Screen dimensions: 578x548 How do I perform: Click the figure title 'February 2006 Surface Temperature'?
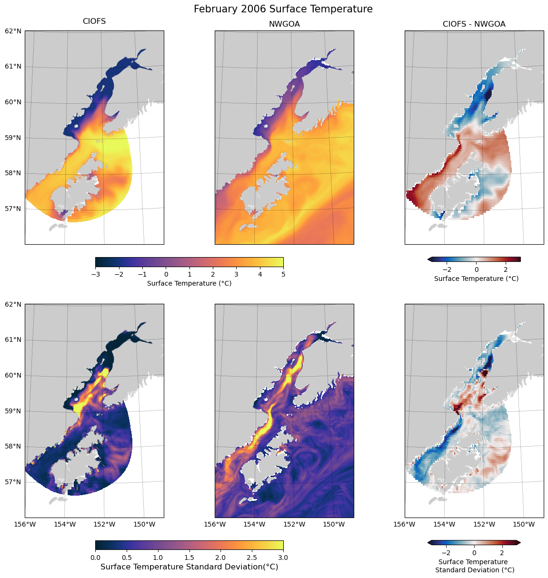click(283, 9)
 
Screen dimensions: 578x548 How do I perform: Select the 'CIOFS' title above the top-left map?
click(94, 21)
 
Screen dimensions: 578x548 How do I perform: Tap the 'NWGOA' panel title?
click(284, 24)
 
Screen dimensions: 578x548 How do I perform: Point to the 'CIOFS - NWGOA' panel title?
click(474, 24)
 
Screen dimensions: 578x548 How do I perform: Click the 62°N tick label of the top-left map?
click(13, 31)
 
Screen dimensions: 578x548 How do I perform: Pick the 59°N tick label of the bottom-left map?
click(13, 411)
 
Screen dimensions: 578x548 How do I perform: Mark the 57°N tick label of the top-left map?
click(13, 209)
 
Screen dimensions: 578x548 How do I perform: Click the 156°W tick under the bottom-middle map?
click(215, 525)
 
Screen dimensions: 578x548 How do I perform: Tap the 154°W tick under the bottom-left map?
click(65, 525)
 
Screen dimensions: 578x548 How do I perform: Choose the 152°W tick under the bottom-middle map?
click(294, 525)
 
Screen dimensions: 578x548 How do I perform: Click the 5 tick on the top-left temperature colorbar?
click(283, 274)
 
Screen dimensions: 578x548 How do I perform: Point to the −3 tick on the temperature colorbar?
click(95, 274)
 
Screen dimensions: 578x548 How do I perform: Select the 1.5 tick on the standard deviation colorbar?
click(189, 557)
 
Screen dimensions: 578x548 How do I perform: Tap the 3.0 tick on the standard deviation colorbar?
click(283, 557)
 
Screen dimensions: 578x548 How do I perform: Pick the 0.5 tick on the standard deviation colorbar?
click(127, 557)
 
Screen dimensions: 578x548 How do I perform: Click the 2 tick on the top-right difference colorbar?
click(506, 269)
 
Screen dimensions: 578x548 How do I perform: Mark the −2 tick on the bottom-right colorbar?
click(446, 553)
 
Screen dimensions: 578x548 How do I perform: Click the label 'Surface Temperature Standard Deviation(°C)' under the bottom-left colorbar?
click(189, 567)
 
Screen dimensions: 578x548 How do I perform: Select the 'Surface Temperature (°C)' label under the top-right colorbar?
click(476, 279)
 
